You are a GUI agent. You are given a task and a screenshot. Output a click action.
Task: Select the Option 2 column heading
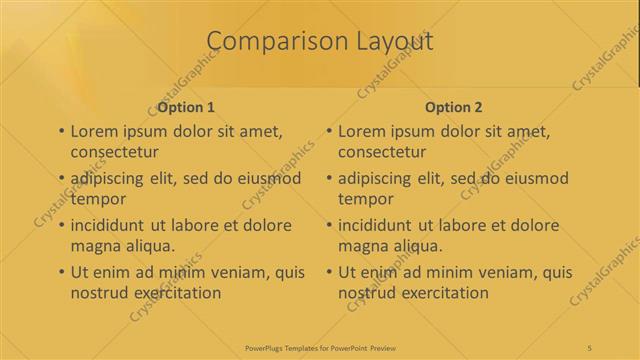point(454,106)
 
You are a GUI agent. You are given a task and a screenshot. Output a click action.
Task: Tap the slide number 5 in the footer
point(590,347)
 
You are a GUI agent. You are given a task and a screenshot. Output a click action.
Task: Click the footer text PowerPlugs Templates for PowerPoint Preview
point(319,347)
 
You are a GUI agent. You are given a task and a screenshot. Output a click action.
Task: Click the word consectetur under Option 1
point(115,153)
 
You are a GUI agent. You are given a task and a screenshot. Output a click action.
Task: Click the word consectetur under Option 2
point(384,153)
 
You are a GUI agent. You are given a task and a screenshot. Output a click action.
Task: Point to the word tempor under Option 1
point(98,199)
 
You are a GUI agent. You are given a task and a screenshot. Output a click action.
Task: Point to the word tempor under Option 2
point(367,199)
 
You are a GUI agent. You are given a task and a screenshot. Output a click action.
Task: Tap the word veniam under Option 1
point(233,272)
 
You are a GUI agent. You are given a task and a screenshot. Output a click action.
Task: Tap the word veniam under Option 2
point(502,272)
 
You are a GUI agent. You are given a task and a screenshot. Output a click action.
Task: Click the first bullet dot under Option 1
point(62,132)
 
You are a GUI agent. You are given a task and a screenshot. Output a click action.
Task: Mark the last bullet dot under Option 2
point(331,272)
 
